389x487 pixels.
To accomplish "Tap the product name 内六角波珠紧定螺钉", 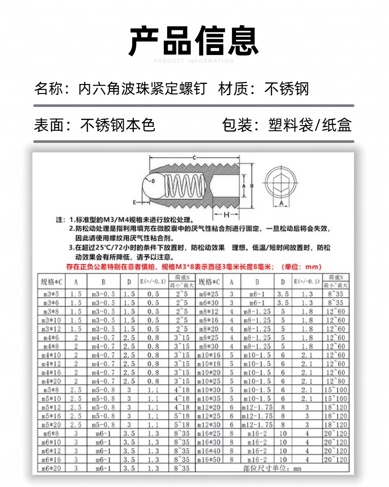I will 143,89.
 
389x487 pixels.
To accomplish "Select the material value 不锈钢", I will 287,89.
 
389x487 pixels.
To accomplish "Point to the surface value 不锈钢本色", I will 118,125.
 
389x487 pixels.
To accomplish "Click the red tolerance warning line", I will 194,267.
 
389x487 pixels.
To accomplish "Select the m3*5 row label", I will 52,294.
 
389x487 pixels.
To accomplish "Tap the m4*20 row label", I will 52,381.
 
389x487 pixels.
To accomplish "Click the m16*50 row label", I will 209,459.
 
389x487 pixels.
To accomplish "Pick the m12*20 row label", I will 209,407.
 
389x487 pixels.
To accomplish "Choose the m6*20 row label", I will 52,468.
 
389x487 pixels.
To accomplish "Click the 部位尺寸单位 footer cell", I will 272,468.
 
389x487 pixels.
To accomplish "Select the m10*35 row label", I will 209,399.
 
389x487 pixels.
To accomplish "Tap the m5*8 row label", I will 52,390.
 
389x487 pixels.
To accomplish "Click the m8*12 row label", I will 209,312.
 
